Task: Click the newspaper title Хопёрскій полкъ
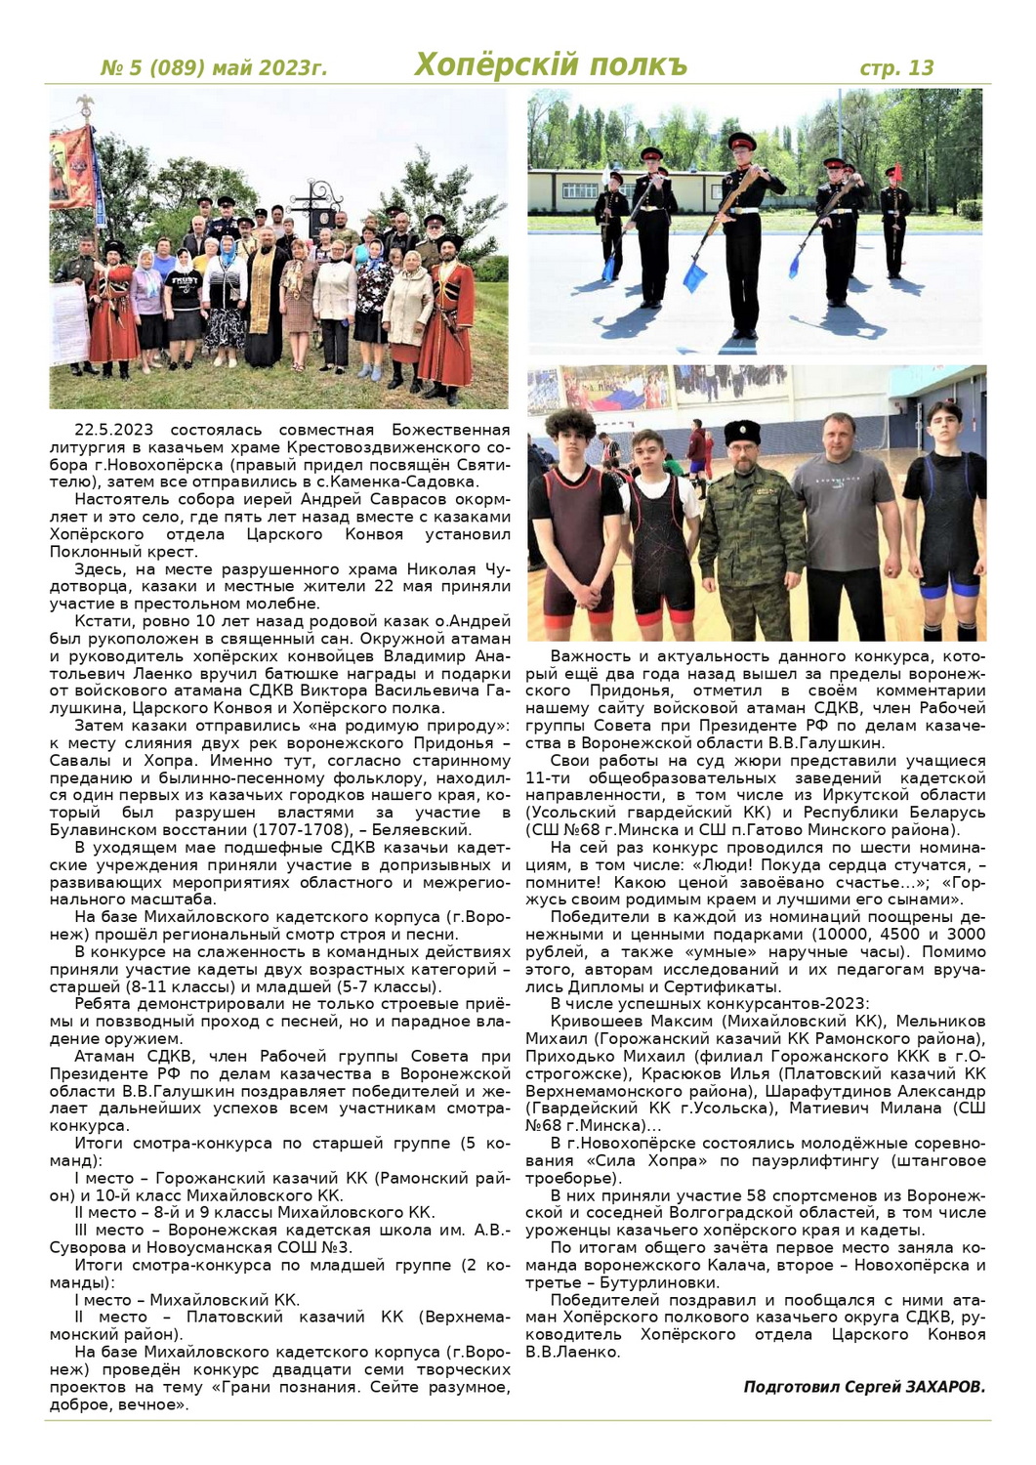click(551, 64)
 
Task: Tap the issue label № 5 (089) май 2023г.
click(214, 67)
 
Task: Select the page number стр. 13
click(895, 67)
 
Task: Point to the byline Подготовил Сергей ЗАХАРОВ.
click(864, 1387)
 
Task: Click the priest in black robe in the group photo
click(265, 293)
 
